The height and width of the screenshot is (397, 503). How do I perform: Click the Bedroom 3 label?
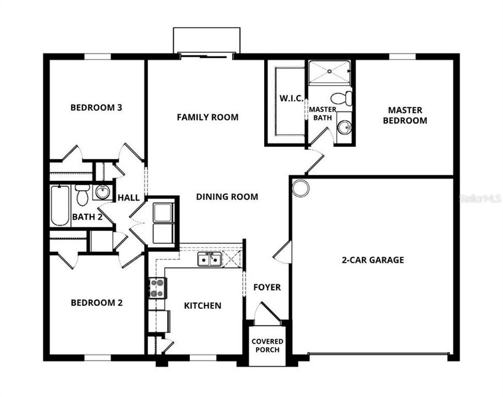(x=96, y=107)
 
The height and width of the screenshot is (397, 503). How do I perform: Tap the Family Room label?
(x=207, y=117)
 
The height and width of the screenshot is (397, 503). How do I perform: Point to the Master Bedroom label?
(x=404, y=115)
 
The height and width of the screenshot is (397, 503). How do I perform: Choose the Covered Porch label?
(x=267, y=345)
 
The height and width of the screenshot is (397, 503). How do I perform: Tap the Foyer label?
(x=267, y=287)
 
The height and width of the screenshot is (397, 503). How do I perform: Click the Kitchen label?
(x=203, y=305)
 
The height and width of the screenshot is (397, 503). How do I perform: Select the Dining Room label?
(x=227, y=196)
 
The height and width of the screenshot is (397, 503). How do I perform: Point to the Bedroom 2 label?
(x=96, y=302)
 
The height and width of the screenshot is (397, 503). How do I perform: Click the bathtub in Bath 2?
(x=60, y=205)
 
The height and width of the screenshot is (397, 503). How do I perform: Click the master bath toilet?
(x=345, y=98)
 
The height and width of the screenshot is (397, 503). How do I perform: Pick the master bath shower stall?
(x=329, y=72)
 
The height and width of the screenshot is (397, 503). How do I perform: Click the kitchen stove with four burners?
(x=157, y=288)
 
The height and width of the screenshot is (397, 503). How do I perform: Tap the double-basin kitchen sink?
(x=210, y=259)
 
